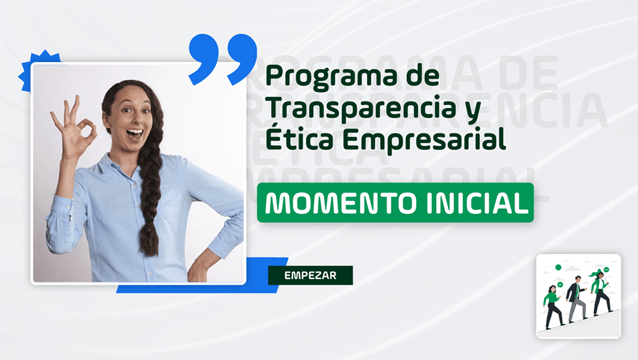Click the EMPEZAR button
pyautogui.click(x=311, y=275)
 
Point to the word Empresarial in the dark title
pyautogui.click(x=424, y=140)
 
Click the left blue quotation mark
pyautogui.click(x=204, y=58)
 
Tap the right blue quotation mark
pyautogui.click(x=242, y=58)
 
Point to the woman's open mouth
pyautogui.click(x=135, y=133)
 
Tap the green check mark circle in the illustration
pyautogui.click(x=560, y=284)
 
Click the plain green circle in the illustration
pyautogui.click(x=558, y=267)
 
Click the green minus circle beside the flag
pyautogui.click(x=606, y=269)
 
